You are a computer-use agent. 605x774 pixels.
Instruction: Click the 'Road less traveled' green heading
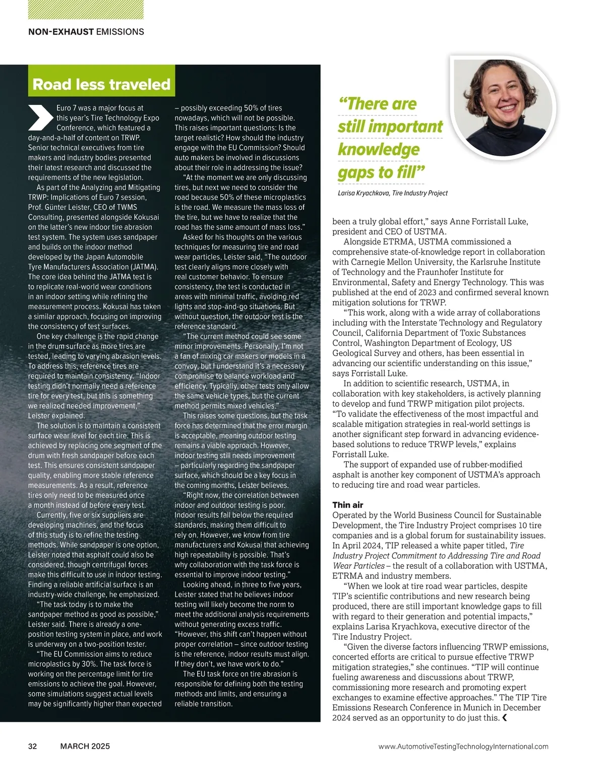(x=101, y=84)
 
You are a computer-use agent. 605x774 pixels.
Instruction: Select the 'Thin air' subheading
(x=348, y=505)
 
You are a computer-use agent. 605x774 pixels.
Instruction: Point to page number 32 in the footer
(x=32, y=746)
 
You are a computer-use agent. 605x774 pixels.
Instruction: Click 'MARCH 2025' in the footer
(x=85, y=746)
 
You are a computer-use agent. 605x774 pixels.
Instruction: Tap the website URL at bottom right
(x=463, y=746)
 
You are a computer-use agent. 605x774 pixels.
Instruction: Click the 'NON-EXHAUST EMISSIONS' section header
(x=86, y=32)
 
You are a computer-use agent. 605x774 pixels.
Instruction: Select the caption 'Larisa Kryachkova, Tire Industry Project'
(x=392, y=193)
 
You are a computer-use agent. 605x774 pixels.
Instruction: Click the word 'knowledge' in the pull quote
(x=379, y=149)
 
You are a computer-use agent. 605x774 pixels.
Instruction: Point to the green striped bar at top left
(x=86, y=10)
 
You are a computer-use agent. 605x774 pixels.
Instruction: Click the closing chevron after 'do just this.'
(x=505, y=718)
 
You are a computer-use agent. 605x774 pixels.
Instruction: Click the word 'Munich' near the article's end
(x=477, y=707)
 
